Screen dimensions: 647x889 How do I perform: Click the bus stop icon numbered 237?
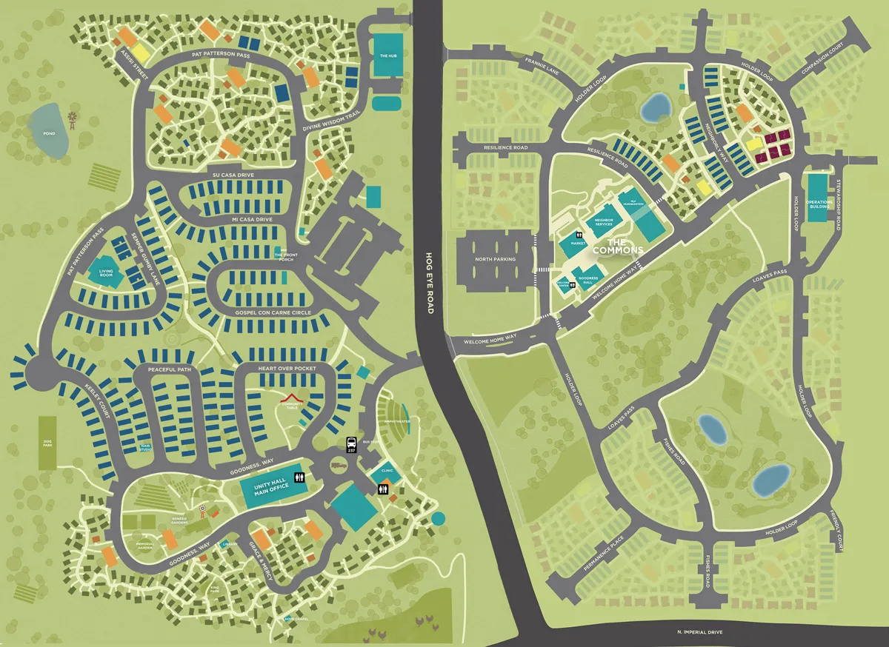coord(352,445)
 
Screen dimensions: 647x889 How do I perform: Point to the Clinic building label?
coord(386,470)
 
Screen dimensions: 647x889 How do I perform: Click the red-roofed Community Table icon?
coord(293,400)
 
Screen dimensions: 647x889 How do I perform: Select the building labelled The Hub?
coord(388,56)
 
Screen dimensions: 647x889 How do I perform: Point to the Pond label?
coord(49,134)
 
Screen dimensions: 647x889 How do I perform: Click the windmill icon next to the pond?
coord(73,118)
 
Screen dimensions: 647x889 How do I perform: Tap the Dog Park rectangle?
coord(47,442)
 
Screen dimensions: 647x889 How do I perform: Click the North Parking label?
coord(494,258)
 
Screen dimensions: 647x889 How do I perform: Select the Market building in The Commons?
coord(578,242)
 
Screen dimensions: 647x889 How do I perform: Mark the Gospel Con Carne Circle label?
coord(273,312)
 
